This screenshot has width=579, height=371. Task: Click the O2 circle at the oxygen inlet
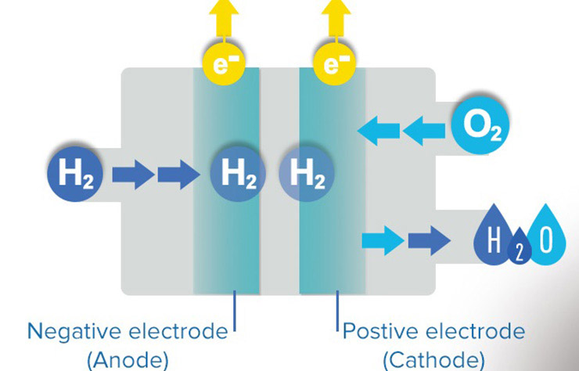480,126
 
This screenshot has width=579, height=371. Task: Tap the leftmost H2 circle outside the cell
75,174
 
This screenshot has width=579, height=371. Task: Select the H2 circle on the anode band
238,174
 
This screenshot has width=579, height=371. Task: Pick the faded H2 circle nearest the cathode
307,174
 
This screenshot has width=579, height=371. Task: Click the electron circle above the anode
224,64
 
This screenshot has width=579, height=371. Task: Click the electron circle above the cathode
335,64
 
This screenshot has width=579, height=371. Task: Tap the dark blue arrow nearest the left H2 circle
133,175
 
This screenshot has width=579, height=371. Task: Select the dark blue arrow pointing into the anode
179,175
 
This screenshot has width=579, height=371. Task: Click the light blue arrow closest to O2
424,131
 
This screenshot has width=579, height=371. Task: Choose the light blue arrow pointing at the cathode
379,131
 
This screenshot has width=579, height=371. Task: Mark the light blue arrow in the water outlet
383,240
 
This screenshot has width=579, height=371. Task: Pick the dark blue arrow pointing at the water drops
430,240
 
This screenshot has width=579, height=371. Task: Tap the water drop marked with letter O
546,236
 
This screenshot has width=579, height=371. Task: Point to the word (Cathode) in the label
434,359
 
